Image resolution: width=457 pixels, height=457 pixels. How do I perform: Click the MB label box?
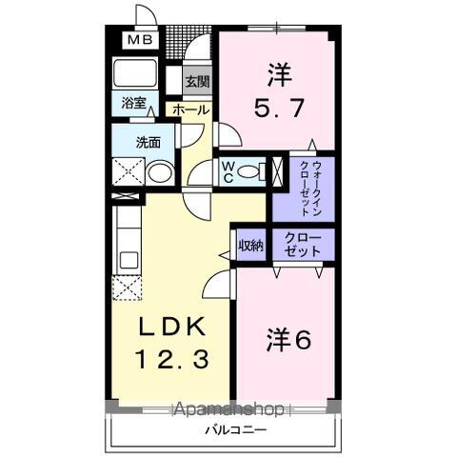tap(140, 40)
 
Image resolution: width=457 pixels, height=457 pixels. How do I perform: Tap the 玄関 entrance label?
tap(197, 82)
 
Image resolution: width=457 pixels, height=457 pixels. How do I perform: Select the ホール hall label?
tap(190, 110)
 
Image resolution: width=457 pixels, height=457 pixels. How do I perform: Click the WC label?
tap(229, 171)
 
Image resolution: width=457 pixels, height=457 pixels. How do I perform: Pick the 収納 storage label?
tap(250, 245)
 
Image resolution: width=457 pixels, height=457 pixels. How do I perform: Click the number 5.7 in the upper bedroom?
tap(280, 107)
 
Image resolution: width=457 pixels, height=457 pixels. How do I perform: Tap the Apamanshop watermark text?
tap(228, 410)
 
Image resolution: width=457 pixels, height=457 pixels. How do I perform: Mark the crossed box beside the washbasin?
tap(126, 172)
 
